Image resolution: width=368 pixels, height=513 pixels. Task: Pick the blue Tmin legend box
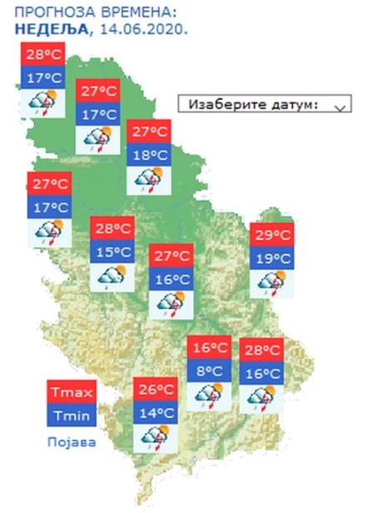[x=72, y=416]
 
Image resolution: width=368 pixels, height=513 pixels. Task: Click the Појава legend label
[x=71, y=441]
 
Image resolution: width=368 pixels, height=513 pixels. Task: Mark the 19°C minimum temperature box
[x=271, y=258]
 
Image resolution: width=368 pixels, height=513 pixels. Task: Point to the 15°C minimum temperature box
[x=112, y=251]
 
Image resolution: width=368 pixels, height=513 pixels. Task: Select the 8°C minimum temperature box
[x=208, y=371]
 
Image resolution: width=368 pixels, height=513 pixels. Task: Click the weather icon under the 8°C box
[x=208, y=396]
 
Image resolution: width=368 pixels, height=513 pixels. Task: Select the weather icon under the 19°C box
[x=271, y=283]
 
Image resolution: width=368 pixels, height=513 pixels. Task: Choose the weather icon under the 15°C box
[x=112, y=276]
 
